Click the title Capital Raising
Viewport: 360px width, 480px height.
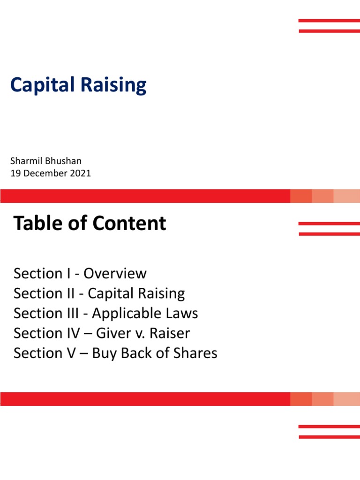pyautogui.click(x=78, y=85)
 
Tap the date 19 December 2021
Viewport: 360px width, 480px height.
pyautogui.click(x=51, y=173)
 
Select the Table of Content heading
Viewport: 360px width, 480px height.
pyautogui.click(x=90, y=224)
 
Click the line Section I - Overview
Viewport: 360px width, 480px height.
pyautogui.click(x=80, y=273)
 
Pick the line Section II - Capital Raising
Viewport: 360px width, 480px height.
pyautogui.click(x=99, y=293)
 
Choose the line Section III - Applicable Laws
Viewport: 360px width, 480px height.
pyautogui.click(x=106, y=313)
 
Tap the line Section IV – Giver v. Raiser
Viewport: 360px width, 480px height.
pyautogui.click(x=102, y=333)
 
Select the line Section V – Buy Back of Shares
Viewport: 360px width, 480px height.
pyautogui.click(x=115, y=353)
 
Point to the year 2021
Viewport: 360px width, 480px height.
pyautogui.click(x=81, y=173)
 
